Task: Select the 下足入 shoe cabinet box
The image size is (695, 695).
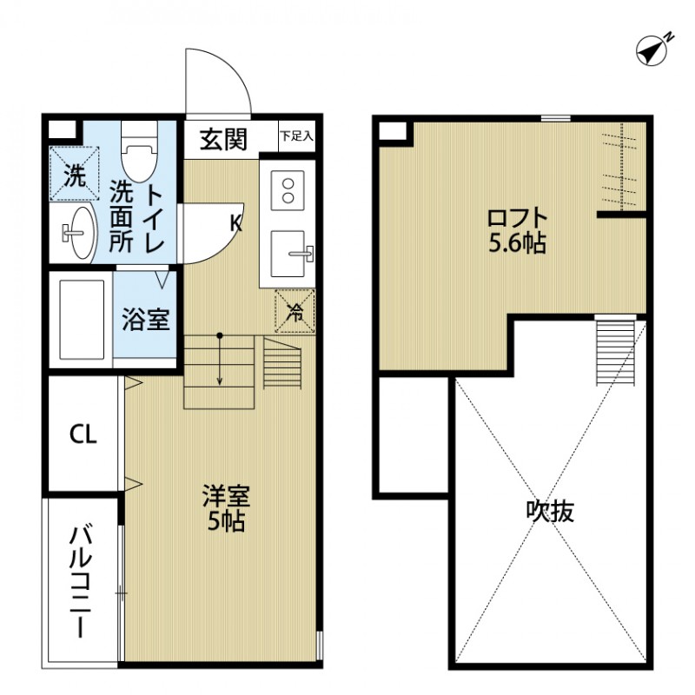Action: (x=295, y=136)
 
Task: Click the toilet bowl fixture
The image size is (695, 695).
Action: (x=138, y=157)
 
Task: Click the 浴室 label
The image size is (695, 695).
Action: (x=145, y=320)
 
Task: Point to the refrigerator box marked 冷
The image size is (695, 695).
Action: (x=295, y=311)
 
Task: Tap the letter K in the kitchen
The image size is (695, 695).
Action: (x=235, y=223)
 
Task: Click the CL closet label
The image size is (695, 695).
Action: (x=83, y=434)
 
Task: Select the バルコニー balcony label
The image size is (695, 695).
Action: (x=83, y=581)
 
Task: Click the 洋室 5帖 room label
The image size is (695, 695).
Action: (x=225, y=508)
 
